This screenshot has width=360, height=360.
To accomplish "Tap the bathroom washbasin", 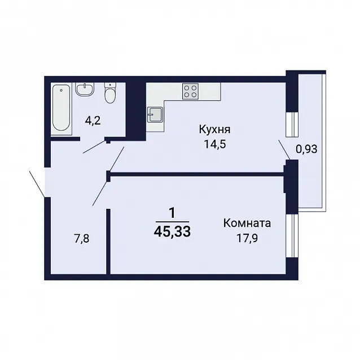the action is (x=85, y=89).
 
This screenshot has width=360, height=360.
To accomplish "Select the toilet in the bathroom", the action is (x=111, y=93).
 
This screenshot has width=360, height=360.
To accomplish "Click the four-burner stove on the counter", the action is (x=190, y=91).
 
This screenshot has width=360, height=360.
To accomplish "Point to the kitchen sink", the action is (x=155, y=115).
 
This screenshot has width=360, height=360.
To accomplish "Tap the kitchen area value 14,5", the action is (x=215, y=144).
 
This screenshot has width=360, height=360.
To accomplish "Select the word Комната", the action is (x=247, y=223).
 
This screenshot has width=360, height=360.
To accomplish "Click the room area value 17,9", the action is (x=247, y=238).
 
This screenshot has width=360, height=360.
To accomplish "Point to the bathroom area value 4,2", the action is (x=93, y=121).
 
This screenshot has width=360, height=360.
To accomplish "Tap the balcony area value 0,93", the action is (x=306, y=150).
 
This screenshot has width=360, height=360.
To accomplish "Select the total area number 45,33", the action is (x=172, y=232).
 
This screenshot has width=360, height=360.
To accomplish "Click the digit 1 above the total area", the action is (x=172, y=213).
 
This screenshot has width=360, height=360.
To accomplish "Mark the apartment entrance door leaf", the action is (x=37, y=184).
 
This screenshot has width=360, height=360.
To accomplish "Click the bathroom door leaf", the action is (x=95, y=147).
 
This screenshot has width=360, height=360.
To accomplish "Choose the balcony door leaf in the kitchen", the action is (x=284, y=150).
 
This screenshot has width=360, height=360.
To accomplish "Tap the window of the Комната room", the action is (x=292, y=236).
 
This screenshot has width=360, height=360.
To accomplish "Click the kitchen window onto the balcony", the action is (x=292, y=125).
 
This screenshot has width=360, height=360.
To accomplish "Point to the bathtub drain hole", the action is (x=62, y=90).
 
